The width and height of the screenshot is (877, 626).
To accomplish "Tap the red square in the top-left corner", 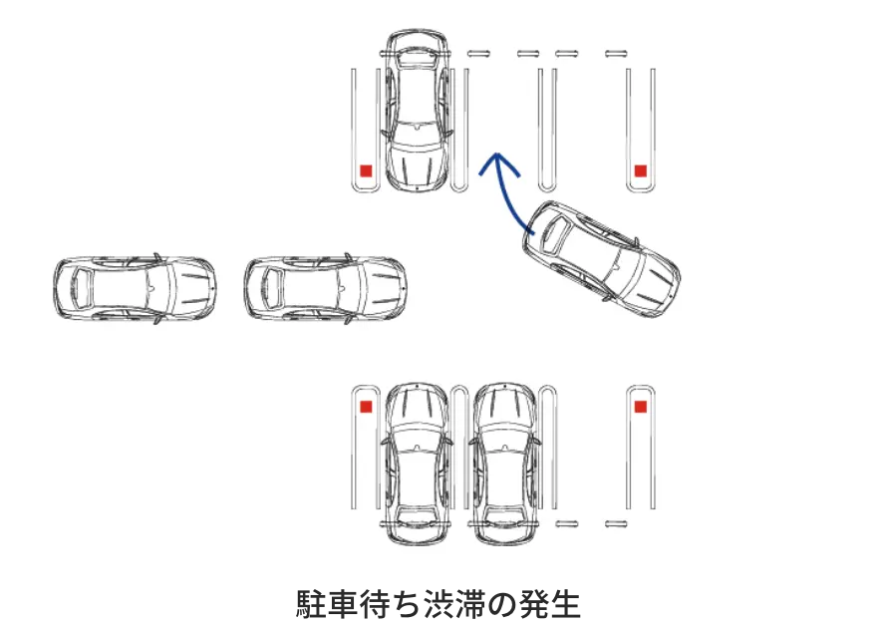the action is (366, 170).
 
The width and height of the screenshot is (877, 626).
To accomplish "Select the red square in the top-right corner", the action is (641, 170).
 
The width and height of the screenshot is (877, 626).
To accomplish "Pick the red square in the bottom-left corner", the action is (366, 407).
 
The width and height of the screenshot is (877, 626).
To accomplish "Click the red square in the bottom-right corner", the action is (641, 407).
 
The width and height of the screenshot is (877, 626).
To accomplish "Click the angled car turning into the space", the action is (601, 259).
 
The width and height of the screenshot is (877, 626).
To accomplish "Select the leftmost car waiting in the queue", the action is (135, 289).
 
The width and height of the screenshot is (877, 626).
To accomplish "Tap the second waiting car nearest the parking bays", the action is (326, 289).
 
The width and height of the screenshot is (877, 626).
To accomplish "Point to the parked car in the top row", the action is (417, 108).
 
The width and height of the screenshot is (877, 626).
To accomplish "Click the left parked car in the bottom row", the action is (417, 465).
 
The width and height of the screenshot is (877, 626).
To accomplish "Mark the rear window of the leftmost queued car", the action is (79, 289).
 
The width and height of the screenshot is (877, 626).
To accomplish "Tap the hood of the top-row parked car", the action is (417, 165).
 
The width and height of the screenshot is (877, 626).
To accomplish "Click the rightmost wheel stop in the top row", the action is (616, 54).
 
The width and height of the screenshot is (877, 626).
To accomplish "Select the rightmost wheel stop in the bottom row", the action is (616, 524).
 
